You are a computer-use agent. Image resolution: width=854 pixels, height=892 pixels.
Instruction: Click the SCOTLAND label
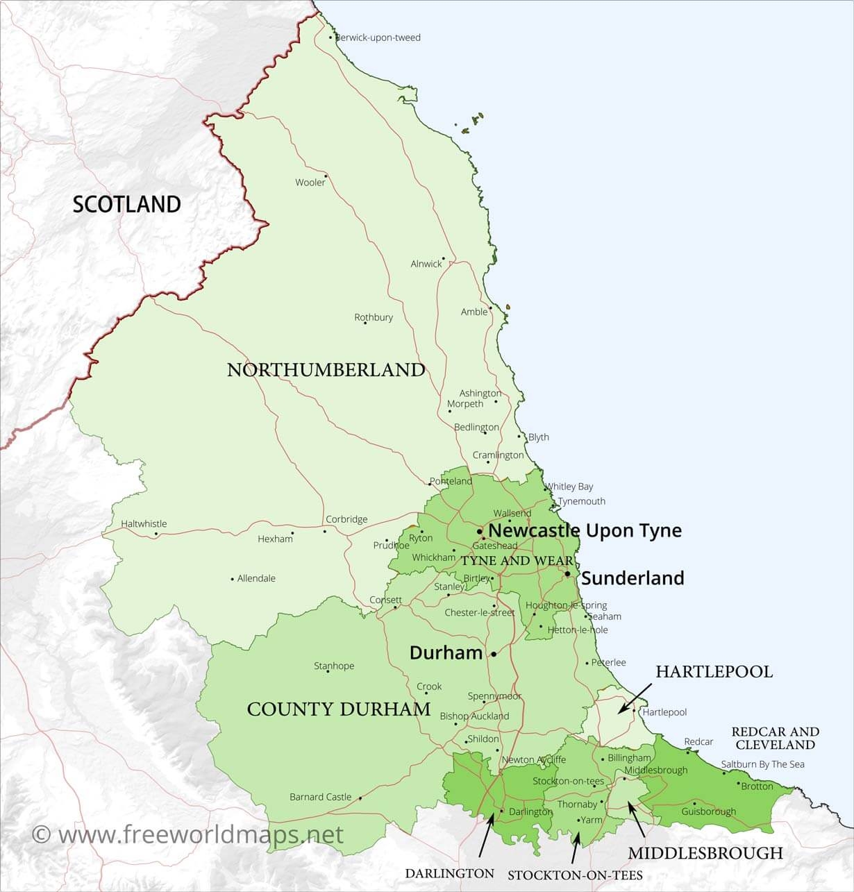[x=126, y=204]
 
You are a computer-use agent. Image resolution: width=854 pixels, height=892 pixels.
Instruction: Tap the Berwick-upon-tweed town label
[x=378, y=37]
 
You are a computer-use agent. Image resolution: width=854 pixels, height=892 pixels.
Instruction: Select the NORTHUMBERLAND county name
[x=326, y=369]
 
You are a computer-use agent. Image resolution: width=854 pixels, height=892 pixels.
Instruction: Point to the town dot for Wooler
[x=326, y=176]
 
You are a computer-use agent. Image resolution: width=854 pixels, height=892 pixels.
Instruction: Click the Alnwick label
[x=426, y=264]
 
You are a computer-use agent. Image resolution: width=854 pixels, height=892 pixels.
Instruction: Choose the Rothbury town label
[x=374, y=317]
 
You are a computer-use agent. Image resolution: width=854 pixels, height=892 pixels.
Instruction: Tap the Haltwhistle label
[x=144, y=524]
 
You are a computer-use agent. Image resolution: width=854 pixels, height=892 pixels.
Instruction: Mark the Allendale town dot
[x=232, y=578]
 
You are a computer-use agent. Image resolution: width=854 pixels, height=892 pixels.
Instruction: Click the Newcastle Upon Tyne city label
[x=585, y=531]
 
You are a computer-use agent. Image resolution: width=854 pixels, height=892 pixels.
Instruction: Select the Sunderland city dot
[x=567, y=574]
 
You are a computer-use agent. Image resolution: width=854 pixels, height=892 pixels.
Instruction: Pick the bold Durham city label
[x=446, y=653]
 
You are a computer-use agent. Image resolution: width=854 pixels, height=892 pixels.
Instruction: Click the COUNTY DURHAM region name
[x=339, y=709]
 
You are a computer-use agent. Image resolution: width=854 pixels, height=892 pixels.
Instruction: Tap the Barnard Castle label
[x=321, y=797]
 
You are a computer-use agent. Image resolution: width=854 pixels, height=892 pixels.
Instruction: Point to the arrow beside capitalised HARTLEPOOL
[x=635, y=697]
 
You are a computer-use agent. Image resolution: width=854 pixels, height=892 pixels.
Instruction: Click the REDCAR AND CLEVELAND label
[x=775, y=738]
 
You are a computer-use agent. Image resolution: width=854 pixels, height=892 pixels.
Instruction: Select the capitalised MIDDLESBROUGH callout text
[x=705, y=853]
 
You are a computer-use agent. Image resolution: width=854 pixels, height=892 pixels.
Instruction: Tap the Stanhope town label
[x=334, y=666]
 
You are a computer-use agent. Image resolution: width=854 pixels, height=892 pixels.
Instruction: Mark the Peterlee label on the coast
[x=609, y=662]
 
